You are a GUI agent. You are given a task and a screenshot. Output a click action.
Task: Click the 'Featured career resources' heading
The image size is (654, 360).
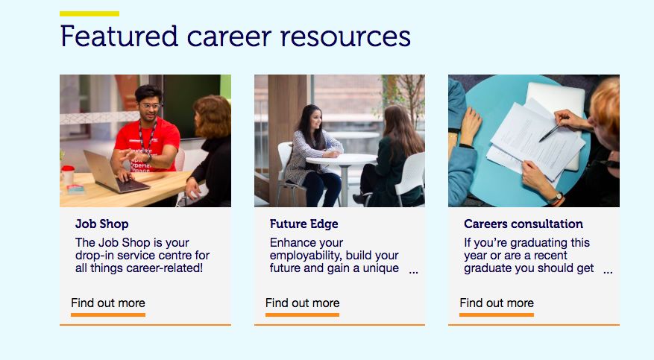pos(235,37)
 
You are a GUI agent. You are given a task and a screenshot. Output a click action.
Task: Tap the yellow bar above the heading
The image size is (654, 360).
pos(89,13)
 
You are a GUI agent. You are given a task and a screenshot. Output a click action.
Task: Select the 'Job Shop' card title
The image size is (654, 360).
pos(101,224)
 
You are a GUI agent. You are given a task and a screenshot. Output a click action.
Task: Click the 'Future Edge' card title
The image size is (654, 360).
pos(304,224)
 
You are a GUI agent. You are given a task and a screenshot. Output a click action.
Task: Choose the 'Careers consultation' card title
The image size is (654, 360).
pos(523,224)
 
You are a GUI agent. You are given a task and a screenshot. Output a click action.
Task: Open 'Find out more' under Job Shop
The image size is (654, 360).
pos(108,303)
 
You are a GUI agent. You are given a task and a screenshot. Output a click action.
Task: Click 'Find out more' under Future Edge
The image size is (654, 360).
pos(303,303)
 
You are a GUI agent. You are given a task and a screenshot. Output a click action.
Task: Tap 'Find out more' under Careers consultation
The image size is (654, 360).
pos(497,303)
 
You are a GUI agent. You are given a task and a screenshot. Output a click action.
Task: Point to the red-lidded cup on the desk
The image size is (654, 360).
pos(68,174)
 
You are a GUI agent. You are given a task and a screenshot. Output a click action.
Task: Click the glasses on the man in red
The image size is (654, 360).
pos(150,107)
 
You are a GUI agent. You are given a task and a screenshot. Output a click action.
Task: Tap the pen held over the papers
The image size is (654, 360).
pos(550,132)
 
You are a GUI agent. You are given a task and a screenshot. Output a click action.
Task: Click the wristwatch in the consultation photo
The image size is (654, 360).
pos(556,198)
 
